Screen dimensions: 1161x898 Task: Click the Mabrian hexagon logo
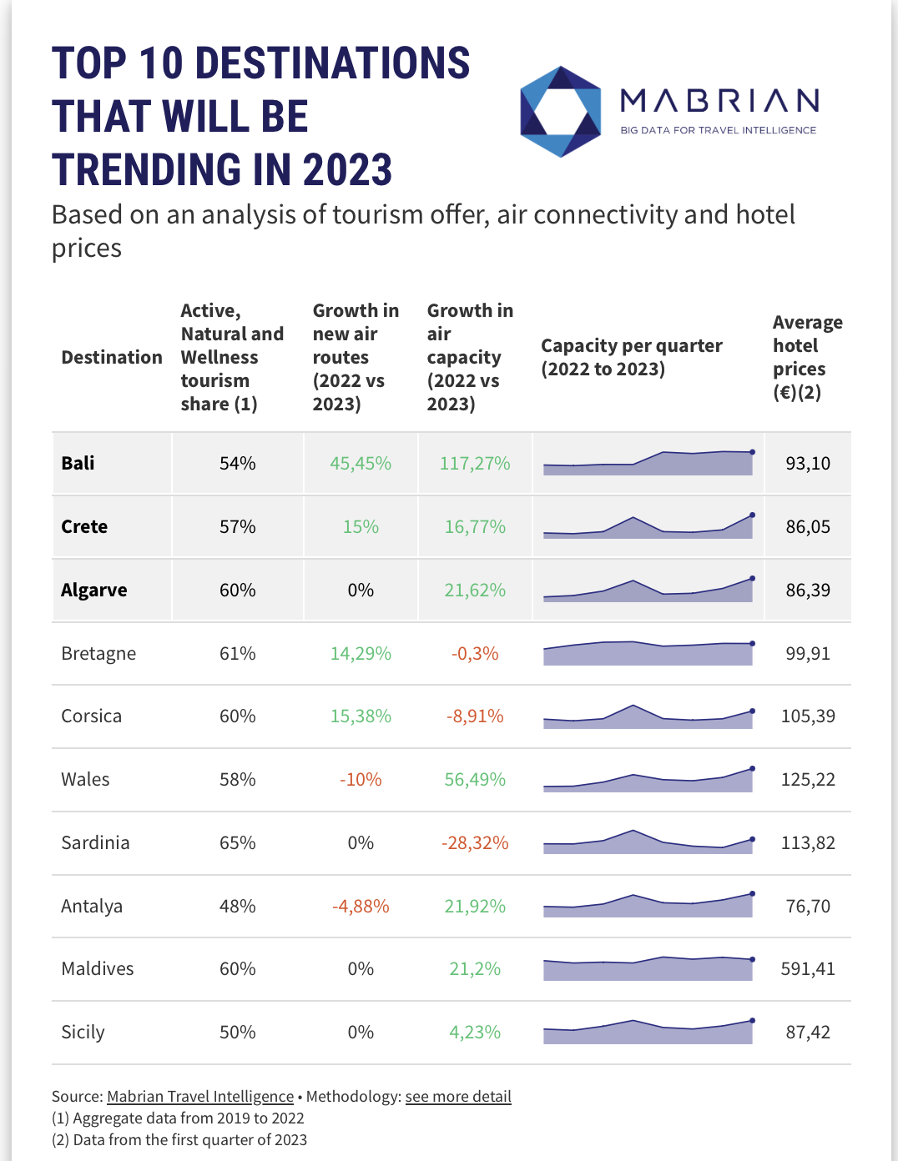(x=560, y=111)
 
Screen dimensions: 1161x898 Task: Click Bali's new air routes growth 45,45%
(x=361, y=464)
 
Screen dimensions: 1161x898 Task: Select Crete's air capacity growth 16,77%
(x=475, y=527)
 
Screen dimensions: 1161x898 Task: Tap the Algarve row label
(x=94, y=591)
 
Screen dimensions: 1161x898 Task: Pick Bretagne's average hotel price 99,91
(x=808, y=654)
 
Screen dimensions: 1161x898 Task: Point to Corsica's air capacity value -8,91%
(x=475, y=716)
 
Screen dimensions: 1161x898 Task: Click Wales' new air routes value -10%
(x=361, y=780)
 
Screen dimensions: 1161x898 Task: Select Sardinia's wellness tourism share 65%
(x=237, y=843)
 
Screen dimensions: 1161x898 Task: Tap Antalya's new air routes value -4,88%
(x=361, y=907)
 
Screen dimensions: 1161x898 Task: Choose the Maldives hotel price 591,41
(x=808, y=969)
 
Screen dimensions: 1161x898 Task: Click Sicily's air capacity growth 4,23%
(x=475, y=1033)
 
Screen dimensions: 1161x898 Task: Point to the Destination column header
(x=112, y=358)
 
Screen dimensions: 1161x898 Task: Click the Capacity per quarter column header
(x=631, y=357)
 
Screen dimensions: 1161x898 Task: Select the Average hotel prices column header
(x=807, y=357)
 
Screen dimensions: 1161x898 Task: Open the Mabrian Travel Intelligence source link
(x=200, y=1097)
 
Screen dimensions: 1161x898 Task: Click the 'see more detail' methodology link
(x=458, y=1097)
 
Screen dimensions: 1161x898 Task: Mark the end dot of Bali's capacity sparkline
(x=753, y=452)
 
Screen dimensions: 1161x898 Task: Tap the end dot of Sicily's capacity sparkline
(x=753, y=1020)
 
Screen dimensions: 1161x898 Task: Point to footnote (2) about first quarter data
(x=179, y=1140)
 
